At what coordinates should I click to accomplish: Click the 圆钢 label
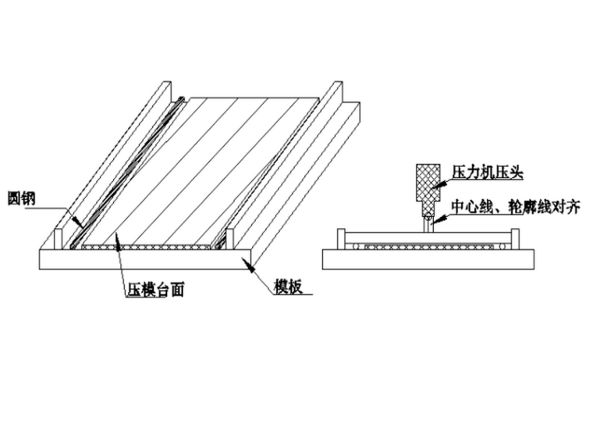(22, 198)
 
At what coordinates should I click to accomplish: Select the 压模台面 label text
(156, 290)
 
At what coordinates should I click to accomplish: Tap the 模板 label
(289, 287)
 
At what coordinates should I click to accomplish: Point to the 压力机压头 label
(488, 173)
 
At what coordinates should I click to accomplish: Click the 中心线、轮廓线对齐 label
(516, 208)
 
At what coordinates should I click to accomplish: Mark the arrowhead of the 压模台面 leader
(118, 242)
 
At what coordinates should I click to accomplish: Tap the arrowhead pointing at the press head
(439, 185)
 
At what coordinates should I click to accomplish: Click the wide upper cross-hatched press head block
(428, 183)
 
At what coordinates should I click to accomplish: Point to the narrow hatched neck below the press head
(428, 209)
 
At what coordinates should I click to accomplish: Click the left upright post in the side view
(341, 239)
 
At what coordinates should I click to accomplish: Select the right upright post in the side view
(515, 239)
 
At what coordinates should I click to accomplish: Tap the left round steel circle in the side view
(356, 247)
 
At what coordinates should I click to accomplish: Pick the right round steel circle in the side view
(502, 247)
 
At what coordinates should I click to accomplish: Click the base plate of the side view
(428, 259)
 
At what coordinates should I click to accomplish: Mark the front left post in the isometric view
(58, 239)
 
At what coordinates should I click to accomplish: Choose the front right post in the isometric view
(230, 239)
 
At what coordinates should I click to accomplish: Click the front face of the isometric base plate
(145, 259)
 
